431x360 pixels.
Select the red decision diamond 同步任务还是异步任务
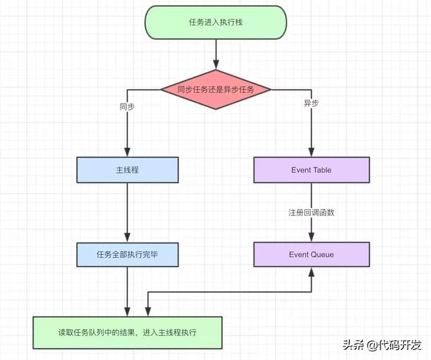coord(216,89)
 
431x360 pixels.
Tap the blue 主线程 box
coord(127,170)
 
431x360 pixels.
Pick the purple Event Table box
coord(311,170)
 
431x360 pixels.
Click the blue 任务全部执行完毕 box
coord(127,254)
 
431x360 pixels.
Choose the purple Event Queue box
coord(311,254)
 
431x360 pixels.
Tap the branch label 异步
coord(311,104)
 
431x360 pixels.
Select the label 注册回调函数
coord(311,213)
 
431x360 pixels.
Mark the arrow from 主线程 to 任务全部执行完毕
coord(127,212)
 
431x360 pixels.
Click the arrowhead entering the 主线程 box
coord(127,153)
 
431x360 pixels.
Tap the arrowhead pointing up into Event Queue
coord(311,271)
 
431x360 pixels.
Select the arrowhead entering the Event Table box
coord(311,153)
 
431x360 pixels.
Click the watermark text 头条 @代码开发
coord(381,345)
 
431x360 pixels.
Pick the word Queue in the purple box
coord(321,254)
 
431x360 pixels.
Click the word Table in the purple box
coord(321,170)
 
